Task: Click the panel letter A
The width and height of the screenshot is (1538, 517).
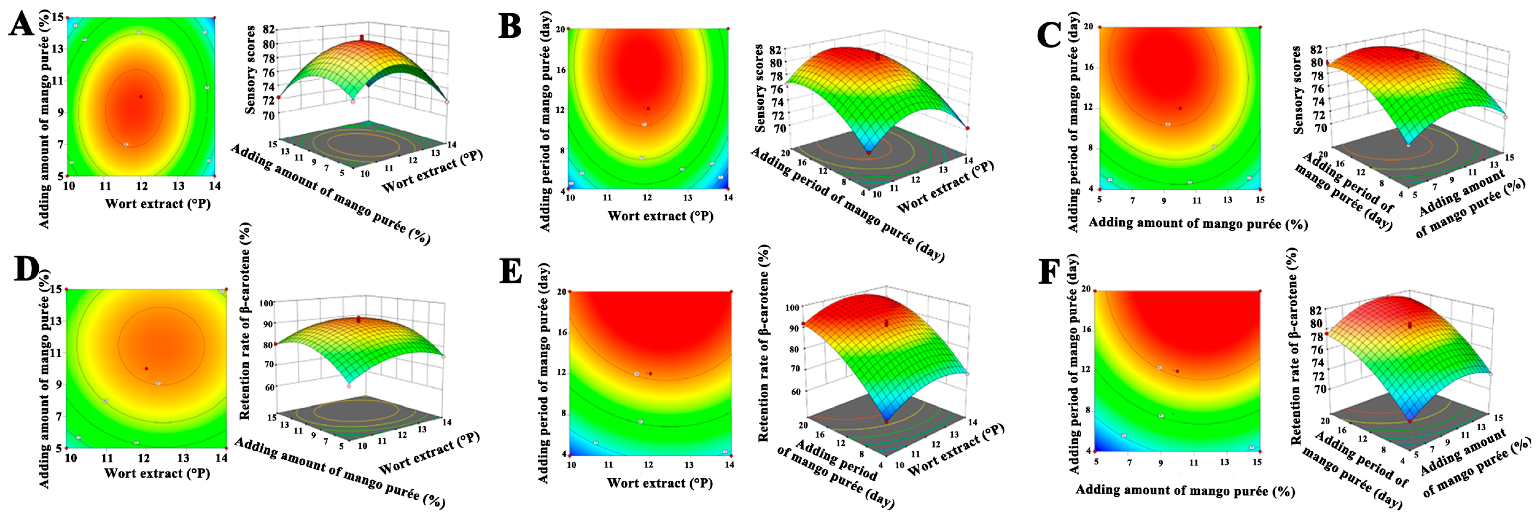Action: pyautogui.click(x=22, y=26)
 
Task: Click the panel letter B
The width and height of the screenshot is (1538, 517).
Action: pyautogui.click(x=509, y=26)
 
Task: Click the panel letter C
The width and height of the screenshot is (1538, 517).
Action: pyautogui.click(x=1048, y=34)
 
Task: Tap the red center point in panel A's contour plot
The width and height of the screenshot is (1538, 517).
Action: pyautogui.click(x=141, y=96)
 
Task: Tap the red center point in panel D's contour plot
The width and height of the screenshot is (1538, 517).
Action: pyautogui.click(x=146, y=368)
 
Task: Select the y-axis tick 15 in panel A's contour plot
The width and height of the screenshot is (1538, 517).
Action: pyautogui.click(x=59, y=18)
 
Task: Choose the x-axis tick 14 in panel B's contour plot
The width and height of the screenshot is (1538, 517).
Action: pyautogui.click(x=728, y=197)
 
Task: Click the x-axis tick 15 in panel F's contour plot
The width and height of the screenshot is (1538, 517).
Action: pyautogui.click(x=1257, y=461)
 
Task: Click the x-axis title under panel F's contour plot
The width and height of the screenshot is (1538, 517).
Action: pyautogui.click(x=1185, y=491)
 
